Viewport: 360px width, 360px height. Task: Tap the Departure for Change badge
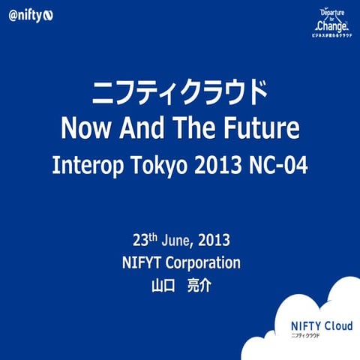[332, 23]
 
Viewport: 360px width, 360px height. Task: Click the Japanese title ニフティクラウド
[179, 94]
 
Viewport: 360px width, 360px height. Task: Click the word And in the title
[149, 128]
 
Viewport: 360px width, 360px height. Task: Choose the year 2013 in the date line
[214, 241]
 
